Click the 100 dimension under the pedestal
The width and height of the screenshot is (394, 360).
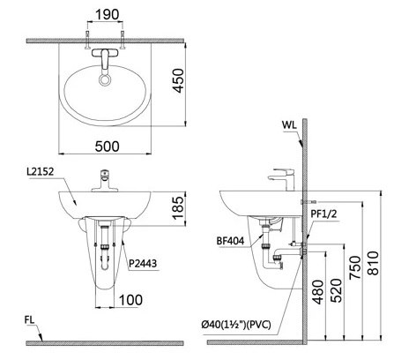(x=130, y=300)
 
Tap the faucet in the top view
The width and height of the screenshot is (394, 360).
(x=106, y=60)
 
